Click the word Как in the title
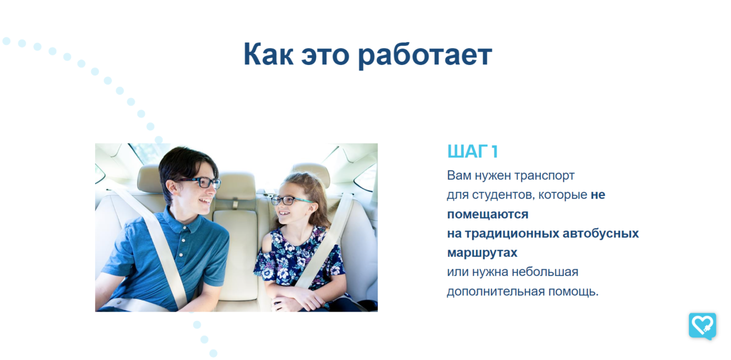[x=269, y=54]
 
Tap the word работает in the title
[x=425, y=56]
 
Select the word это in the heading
[x=325, y=56]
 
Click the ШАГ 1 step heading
[x=472, y=151]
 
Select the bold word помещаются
[x=487, y=214]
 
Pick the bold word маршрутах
[x=482, y=253]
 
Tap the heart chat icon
[x=703, y=326]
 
